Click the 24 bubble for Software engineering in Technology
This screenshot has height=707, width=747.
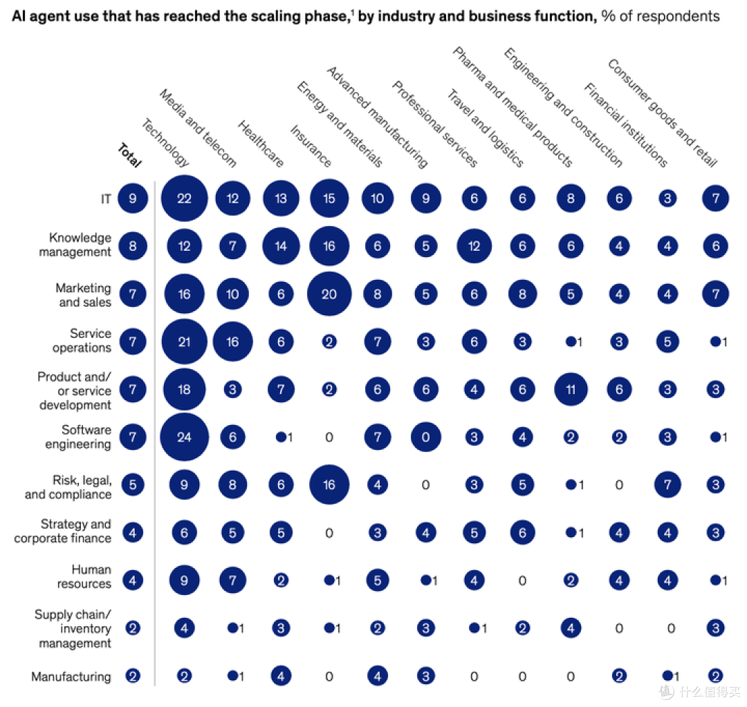click(185, 437)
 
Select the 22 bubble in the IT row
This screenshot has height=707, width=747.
click(185, 198)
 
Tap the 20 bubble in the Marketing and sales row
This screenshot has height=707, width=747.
click(329, 294)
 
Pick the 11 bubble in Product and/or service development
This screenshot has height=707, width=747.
click(571, 390)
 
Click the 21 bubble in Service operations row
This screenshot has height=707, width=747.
click(185, 341)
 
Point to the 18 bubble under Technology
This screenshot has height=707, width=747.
click(185, 390)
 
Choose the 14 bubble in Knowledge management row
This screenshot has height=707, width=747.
click(281, 246)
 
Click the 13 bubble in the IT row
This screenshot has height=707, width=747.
click(281, 198)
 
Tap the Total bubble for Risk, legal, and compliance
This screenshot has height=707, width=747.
click(133, 484)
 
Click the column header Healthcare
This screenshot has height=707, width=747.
click(261, 144)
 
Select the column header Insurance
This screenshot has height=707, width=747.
click(311, 146)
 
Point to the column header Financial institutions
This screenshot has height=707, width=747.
click(625, 124)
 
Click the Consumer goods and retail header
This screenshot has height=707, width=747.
click(662, 113)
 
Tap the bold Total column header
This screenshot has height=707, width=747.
click(129, 155)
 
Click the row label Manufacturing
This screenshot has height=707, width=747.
click(71, 677)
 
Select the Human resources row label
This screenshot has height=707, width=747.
click(84, 576)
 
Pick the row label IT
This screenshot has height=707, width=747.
click(106, 198)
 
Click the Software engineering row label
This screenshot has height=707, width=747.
click(78, 437)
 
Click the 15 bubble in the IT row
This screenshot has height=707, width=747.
click(329, 198)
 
